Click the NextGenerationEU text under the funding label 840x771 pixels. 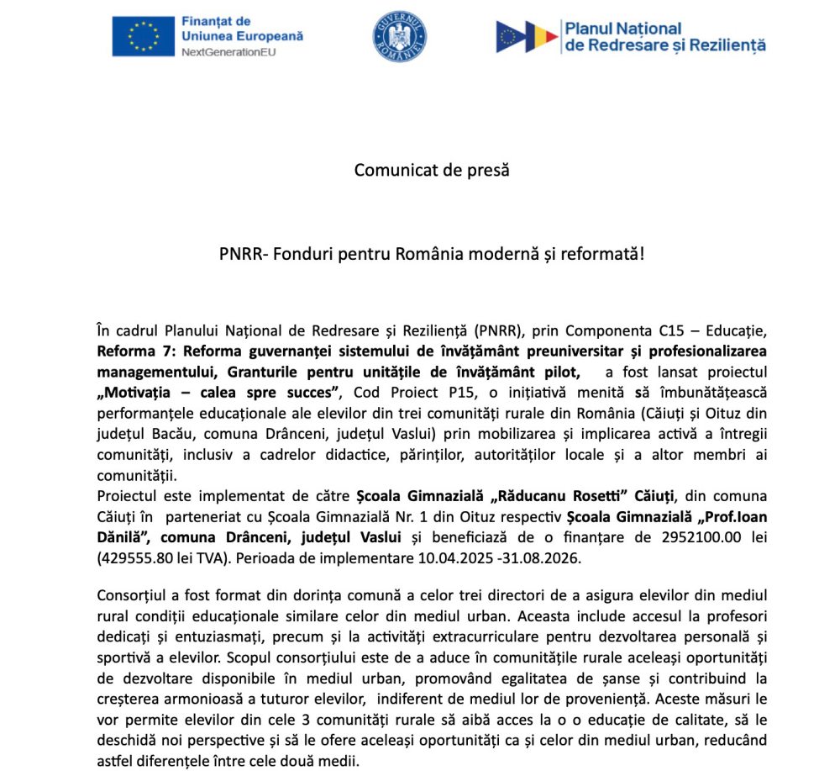228,52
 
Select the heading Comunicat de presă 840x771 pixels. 432,169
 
